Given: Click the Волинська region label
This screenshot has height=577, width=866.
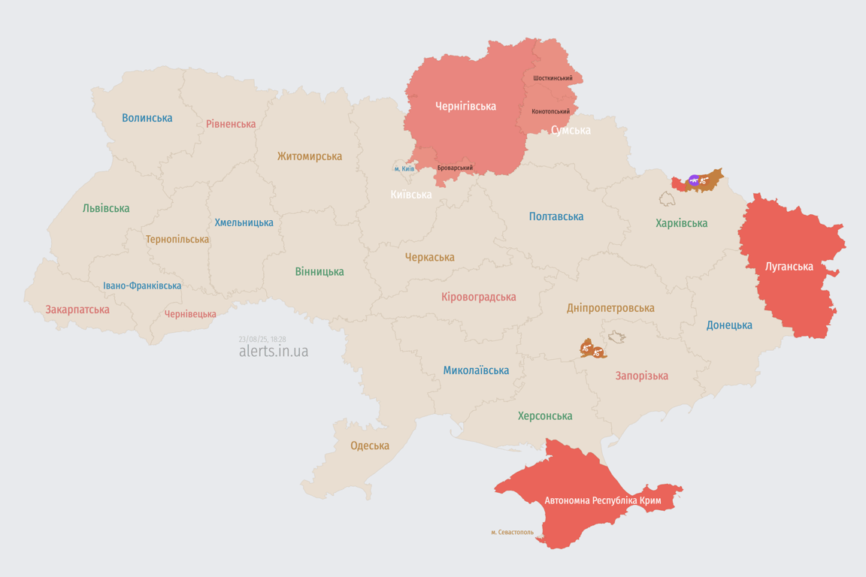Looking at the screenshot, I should [147, 118].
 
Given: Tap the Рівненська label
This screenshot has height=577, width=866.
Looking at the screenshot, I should [231, 124].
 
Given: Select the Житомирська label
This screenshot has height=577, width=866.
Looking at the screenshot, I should [309, 156].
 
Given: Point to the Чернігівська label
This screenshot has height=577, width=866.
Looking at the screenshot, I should [465, 106].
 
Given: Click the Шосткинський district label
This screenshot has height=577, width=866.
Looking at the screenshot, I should [553, 78].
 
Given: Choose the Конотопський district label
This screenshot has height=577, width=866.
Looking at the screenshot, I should [550, 111].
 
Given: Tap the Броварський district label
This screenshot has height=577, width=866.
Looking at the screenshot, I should [455, 168].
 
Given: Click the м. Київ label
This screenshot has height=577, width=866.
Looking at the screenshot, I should [404, 168].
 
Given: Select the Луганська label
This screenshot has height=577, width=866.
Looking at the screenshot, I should [789, 266].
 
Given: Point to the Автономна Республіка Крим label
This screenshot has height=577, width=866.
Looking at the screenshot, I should [602, 500].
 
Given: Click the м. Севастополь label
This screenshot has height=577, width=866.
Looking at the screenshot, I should [513, 532].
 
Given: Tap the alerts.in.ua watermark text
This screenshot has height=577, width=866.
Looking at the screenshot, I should [273, 351].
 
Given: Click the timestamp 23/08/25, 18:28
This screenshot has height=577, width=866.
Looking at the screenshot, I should [262, 339].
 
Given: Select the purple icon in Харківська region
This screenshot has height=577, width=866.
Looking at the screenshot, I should [694, 180].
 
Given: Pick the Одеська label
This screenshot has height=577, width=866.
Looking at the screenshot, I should [370, 446].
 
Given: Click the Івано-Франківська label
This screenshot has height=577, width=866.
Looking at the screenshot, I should [142, 285].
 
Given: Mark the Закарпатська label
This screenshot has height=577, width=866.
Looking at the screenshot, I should [77, 310].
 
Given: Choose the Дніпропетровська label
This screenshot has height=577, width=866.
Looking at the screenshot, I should [610, 308].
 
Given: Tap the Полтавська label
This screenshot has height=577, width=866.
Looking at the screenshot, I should [556, 216].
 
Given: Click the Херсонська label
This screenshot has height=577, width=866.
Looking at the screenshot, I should [545, 415].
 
